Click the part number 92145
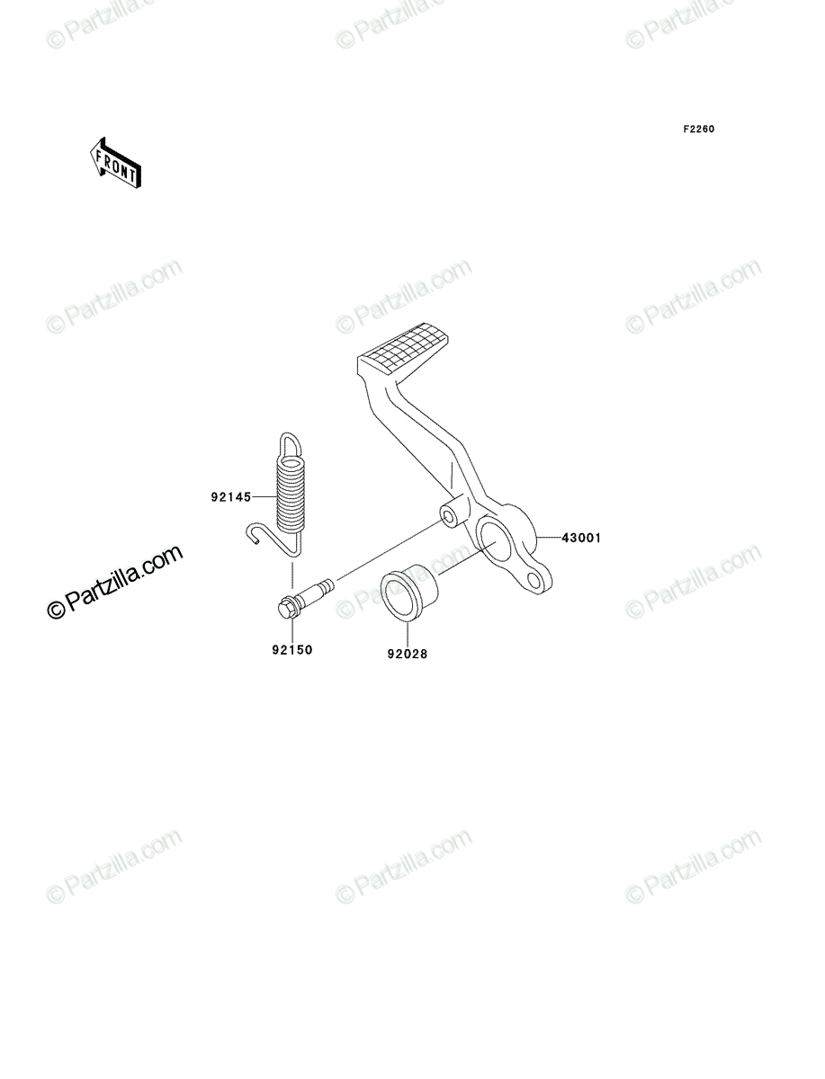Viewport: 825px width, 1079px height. coord(231,497)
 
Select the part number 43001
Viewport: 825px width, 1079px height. coord(581,538)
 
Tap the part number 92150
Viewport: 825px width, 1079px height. coord(292,650)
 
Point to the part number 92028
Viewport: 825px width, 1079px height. coord(407,654)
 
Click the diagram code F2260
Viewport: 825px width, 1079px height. coord(699,129)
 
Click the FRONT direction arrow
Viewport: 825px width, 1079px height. coord(115,163)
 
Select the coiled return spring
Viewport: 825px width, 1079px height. coord(290,495)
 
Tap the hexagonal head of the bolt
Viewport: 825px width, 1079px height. coord(287,609)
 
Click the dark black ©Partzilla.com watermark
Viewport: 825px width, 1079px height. coord(115,582)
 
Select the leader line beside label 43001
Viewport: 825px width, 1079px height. coord(549,538)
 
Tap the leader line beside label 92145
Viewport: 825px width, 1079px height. coord(265,497)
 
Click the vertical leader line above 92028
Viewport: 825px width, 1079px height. coord(408,635)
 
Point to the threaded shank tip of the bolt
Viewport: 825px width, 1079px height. coord(330,584)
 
